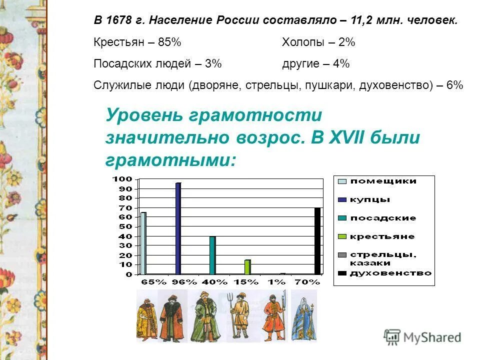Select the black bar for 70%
coord(317,240)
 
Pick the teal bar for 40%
coord(212,255)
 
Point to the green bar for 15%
coord(247,267)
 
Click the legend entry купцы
coord(370,199)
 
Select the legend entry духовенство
coord(390,273)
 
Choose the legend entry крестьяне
coord(382,236)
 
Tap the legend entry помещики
coord(383,181)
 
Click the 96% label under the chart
coord(184,282)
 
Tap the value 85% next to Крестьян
coord(169,42)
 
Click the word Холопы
coord(302,42)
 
